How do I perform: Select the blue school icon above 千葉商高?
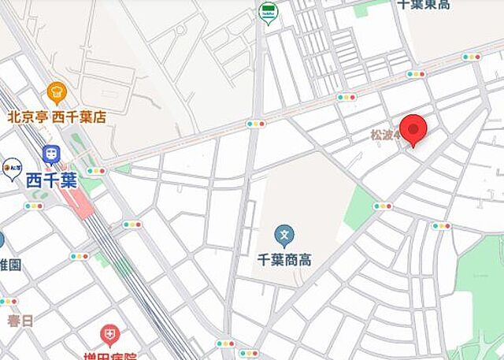(x=284, y=234)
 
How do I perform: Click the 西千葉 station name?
(x=52, y=180)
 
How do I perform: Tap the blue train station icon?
(x=52, y=154)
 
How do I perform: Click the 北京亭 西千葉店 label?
(x=56, y=117)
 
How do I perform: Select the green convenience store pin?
(x=268, y=13)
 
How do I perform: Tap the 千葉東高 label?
(x=424, y=5)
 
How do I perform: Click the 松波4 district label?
(x=386, y=135)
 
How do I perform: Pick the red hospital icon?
(x=109, y=335)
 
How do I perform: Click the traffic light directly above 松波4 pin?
(x=416, y=74)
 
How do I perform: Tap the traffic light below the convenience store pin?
(x=255, y=124)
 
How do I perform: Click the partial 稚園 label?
(x=9, y=265)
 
